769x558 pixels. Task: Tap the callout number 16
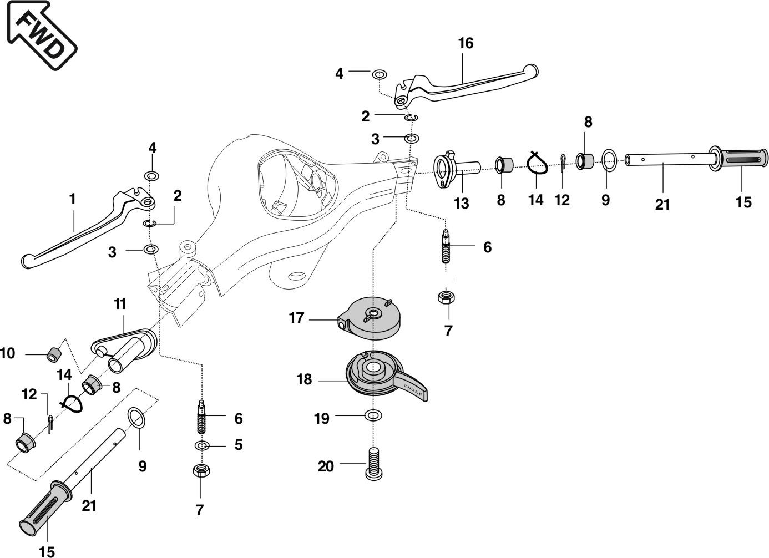(x=466, y=43)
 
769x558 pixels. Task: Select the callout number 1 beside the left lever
(x=72, y=199)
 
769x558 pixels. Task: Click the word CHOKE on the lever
(x=413, y=389)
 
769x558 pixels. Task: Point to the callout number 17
(x=296, y=318)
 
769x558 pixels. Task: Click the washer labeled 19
(x=373, y=415)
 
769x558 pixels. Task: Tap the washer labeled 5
(x=203, y=445)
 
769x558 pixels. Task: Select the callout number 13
(x=461, y=203)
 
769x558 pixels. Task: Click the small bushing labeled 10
(x=53, y=353)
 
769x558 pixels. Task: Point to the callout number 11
(x=120, y=304)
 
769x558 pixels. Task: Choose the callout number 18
(x=304, y=379)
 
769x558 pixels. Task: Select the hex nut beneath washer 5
(x=200, y=471)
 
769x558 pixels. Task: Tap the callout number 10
(x=8, y=353)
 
